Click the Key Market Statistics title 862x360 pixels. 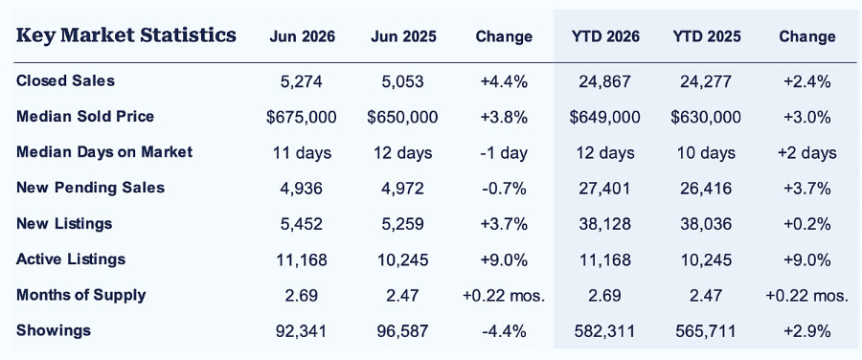point(126,35)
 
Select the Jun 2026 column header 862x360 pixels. point(302,36)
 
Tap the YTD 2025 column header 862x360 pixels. point(707,36)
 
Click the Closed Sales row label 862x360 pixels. point(65,80)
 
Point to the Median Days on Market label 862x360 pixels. point(104,151)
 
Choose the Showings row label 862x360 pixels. point(54,330)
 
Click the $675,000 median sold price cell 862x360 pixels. point(302,117)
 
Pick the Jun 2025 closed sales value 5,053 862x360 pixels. point(403,81)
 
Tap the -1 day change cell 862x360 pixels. point(504,153)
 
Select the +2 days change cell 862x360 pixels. point(806,153)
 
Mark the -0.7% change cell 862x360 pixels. point(504,189)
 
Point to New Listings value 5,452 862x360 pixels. point(302,224)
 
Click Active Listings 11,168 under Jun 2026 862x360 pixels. point(302,260)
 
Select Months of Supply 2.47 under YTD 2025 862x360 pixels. point(707,295)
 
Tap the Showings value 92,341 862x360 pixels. point(302,331)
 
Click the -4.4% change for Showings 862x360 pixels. point(504,331)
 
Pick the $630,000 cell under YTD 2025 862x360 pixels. point(707,117)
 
